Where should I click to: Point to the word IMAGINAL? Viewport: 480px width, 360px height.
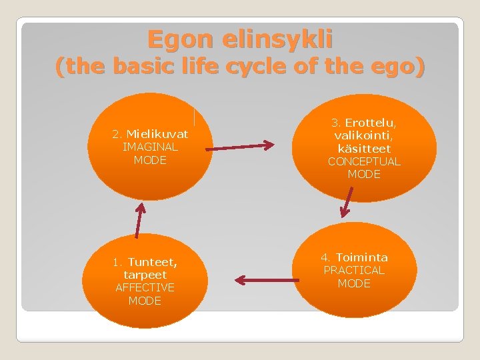click(150, 147)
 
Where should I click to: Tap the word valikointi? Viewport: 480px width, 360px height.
click(364, 135)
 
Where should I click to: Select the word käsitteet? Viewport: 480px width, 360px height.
click(364, 148)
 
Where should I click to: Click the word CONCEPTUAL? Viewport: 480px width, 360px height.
click(364, 161)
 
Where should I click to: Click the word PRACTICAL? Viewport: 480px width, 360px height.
click(354, 270)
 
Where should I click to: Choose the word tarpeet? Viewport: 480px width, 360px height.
click(145, 275)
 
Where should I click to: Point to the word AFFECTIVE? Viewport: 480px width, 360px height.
click(145, 287)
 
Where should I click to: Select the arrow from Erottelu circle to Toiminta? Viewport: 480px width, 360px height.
click(347, 201)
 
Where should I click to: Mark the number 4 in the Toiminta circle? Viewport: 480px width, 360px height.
click(325, 257)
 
